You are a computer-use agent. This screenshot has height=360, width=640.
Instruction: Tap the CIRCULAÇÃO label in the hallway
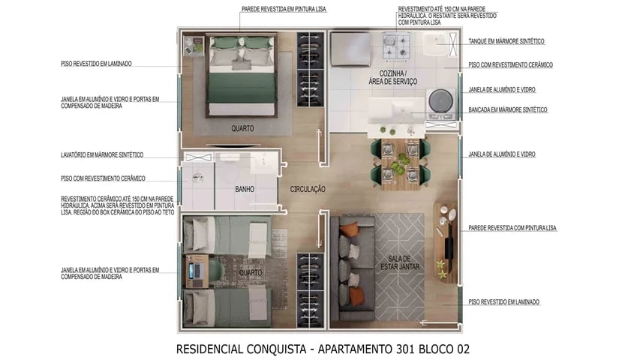pos(308,190)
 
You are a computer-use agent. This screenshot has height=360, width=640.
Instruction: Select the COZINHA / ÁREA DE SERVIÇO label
pos(392,77)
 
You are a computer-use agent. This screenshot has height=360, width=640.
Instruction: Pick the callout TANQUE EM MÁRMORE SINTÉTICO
pos(506,41)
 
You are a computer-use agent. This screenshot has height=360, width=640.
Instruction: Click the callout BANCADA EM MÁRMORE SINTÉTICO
pos(507,109)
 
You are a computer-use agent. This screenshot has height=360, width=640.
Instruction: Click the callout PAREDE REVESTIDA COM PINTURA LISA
pos(512,227)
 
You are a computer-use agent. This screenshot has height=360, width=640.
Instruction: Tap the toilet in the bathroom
pos(197,178)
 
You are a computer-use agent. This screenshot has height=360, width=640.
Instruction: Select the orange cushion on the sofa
pos(356,297)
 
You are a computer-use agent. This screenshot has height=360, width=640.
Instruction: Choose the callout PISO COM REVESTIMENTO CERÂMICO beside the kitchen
pos(510,65)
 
